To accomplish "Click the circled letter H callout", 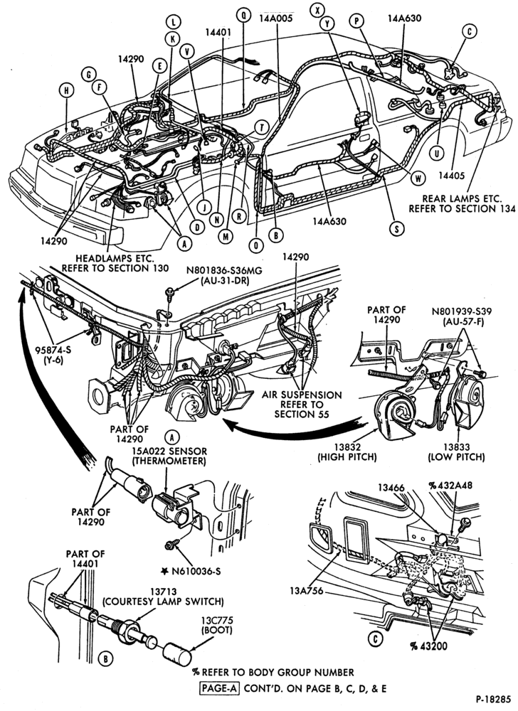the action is [67, 91].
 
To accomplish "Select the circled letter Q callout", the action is [243, 15].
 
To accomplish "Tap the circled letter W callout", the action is [418, 178].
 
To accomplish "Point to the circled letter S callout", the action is [397, 229].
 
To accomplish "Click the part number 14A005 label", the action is [276, 18].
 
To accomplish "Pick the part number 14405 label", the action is [453, 176].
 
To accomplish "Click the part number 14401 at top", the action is [218, 32].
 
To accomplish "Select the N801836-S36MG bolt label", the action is [224, 271].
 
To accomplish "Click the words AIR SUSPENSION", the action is [302, 395].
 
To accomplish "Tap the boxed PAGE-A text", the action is [220, 688].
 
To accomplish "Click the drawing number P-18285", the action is [494, 699].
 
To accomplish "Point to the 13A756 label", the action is [306, 591].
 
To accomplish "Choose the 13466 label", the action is [391, 487].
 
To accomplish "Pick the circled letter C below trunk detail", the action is [376, 639].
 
